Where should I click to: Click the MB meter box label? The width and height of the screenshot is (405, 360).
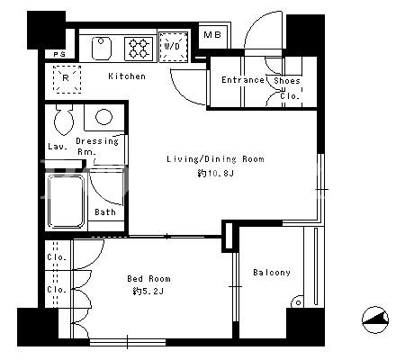pyautogui.click(x=212, y=35)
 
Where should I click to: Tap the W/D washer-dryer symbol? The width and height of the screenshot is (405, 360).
pyautogui.click(x=173, y=47)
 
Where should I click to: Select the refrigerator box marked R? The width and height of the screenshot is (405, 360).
pyautogui.click(x=67, y=79)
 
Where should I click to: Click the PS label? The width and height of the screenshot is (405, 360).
pyautogui.click(x=59, y=54)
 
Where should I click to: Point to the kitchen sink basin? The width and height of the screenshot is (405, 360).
pyautogui.click(x=102, y=49)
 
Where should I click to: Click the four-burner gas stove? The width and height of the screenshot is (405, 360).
pyautogui.click(x=139, y=49)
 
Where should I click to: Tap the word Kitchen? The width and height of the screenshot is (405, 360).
pyautogui.click(x=127, y=76)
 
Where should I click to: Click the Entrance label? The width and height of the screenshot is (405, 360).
pyautogui.click(x=243, y=80)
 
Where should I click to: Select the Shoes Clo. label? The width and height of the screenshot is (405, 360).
pyautogui.click(x=287, y=88)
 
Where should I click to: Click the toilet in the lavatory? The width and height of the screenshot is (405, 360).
pyautogui.click(x=64, y=120)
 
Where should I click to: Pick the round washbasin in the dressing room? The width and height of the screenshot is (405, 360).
pyautogui.click(x=103, y=117)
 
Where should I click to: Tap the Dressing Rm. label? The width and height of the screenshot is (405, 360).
pyautogui.click(x=97, y=147)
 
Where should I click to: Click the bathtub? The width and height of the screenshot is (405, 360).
pyautogui.click(x=66, y=202)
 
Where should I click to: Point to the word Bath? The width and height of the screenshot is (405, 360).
pyautogui.click(x=105, y=212)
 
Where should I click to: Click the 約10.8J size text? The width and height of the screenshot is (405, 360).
pyautogui.click(x=216, y=173)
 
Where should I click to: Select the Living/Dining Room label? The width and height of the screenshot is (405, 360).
pyautogui.click(x=215, y=159)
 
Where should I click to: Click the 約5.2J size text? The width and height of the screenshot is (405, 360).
pyautogui.click(x=148, y=291)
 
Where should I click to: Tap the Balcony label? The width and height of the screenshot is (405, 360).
pyautogui.click(x=272, y=273)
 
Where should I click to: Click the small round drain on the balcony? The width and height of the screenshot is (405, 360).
pyautogui.click(x=298, y=302)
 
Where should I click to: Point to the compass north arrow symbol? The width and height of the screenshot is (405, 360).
pyautogui.click(x=375, y=319)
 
